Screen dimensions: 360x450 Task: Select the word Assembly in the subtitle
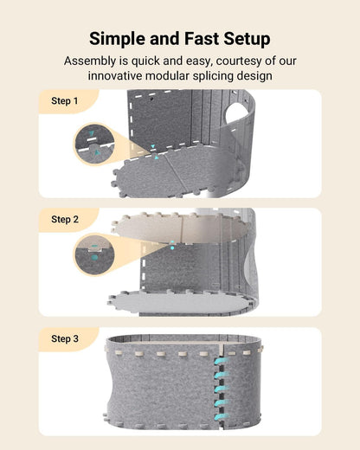click(90, 61)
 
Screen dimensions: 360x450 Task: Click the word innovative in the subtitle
click(115, 76)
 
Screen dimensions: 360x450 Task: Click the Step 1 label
click(65, 101)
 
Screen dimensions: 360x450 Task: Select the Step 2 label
click(65, 220)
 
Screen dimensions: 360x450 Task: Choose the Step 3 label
click(65, 338)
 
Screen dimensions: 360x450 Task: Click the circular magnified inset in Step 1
click(94, 144)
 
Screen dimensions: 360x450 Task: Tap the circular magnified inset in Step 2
click(94, 254)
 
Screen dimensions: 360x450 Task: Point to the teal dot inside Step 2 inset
click(94, 257)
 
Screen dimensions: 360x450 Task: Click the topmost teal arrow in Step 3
click(222, 362)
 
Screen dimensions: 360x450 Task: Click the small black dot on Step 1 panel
click(152, 99)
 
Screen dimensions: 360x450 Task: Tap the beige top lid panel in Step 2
click(180, 227)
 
